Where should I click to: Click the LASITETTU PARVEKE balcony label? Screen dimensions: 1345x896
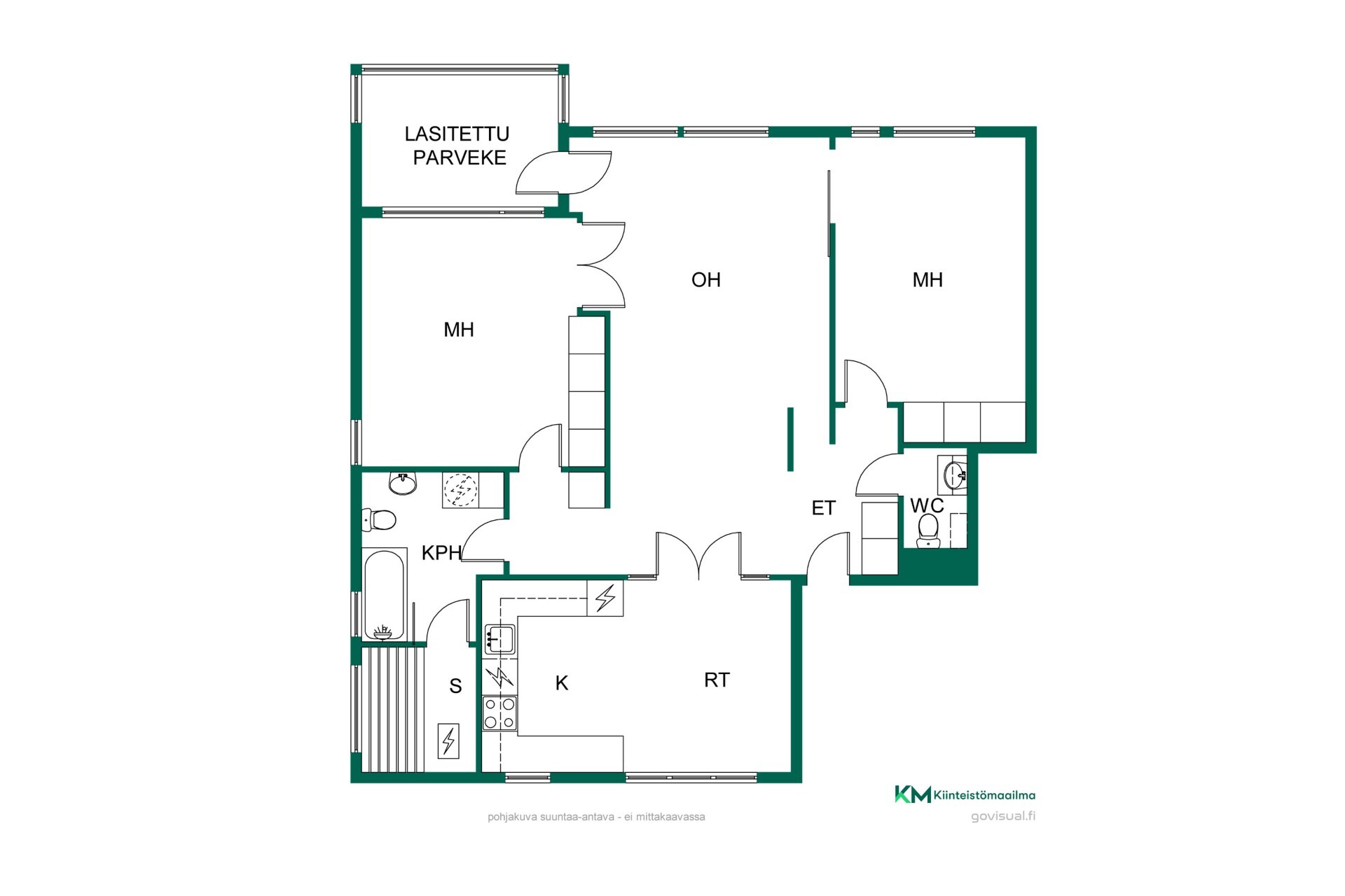(x=457, y=146)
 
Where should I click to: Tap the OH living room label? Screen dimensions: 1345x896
(x=705, y=280)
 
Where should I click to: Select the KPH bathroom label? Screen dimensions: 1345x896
(x=441, y=553)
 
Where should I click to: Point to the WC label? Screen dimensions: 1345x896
(x=927, y=505)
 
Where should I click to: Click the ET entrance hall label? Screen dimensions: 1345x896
(x=823, y=508)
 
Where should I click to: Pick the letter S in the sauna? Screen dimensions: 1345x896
(x=455, y=686)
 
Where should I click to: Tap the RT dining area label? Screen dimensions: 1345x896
(x=717, y=680)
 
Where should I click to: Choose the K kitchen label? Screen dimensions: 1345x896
(x=561, y=683)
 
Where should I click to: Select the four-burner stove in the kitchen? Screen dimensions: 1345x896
(x=500, y=713)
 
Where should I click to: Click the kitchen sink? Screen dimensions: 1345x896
(x=499, y=639)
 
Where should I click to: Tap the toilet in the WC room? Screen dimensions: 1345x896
(x=929, y=531)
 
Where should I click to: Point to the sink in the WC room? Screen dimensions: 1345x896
(x=954, y=475)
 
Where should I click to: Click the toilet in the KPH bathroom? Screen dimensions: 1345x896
(x=379, y=519)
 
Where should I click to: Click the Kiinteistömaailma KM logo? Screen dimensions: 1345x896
(x=965, y=794)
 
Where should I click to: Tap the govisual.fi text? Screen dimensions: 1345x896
(x=1003, y=816)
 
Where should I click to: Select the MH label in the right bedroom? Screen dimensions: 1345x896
(x=927, y=280)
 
